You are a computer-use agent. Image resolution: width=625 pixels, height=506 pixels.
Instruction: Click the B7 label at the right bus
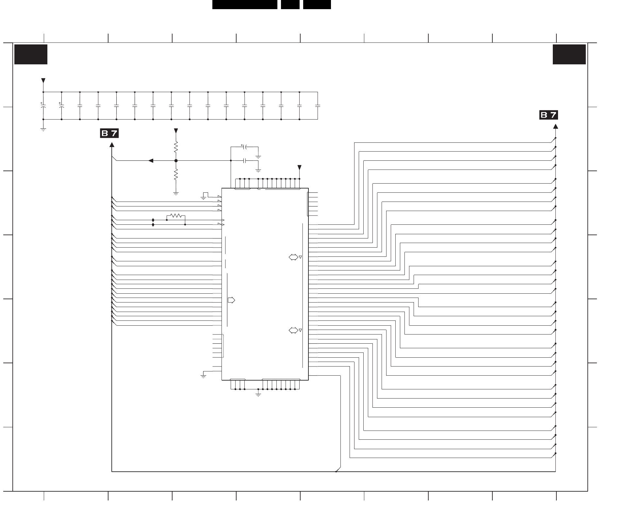[549, 115]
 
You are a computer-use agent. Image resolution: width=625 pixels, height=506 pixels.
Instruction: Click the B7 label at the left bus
[109, 134]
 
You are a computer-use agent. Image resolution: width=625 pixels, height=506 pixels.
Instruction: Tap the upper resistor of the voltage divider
[176, 147]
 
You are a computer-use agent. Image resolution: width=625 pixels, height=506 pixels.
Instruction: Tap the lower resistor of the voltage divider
[176, 175]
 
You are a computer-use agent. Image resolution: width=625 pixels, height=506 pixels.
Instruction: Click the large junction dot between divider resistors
[176, 161]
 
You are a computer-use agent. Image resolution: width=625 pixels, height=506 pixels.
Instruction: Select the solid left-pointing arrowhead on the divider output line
[151, 161]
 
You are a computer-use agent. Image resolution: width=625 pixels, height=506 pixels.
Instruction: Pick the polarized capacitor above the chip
[245, 147]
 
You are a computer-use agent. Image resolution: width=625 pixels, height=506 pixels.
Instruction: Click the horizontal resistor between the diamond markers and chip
[176, 216]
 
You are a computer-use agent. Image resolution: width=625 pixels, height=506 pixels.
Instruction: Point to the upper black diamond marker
[153, 220]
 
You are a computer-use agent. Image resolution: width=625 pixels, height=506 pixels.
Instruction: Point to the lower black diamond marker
[153, 225]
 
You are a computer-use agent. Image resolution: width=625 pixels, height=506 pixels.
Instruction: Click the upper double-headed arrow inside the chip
[293, 257]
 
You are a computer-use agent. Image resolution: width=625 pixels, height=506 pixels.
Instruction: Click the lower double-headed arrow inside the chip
[293, 330]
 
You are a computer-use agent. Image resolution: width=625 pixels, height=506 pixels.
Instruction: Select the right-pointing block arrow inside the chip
[231, 300]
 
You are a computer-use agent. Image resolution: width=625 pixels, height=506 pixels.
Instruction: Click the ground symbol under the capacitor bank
[43, 129]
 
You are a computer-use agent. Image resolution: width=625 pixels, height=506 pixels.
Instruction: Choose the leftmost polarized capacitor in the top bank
[43, 106]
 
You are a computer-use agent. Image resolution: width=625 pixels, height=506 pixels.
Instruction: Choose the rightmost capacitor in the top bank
[318, 106]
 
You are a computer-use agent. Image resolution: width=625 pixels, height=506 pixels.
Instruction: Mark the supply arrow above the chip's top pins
[299, 168]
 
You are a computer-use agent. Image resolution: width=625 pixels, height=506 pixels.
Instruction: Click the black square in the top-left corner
[31, 54]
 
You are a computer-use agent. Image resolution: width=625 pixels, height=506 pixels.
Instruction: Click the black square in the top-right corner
[569, 54]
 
